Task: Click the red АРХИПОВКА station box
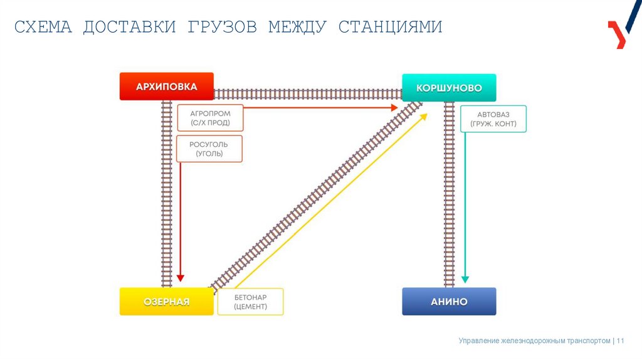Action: point(166,87)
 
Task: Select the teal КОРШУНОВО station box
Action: point(449,88)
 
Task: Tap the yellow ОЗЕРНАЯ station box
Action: point(166,302)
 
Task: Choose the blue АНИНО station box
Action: point(449,302)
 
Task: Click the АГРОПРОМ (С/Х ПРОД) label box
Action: point(210,118)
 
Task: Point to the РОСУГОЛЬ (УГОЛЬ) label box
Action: point(209,149)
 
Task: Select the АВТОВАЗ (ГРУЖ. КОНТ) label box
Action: point(493,119)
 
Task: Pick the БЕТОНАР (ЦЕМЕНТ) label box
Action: point(250,302)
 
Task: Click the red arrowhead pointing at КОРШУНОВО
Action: point(394,108)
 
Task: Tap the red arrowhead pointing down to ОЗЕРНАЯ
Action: point(181,278)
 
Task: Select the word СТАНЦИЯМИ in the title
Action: point(390,28)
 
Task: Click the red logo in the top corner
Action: point(618,34)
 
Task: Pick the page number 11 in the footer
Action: point(621,341)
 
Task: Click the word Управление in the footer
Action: point(479,341)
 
